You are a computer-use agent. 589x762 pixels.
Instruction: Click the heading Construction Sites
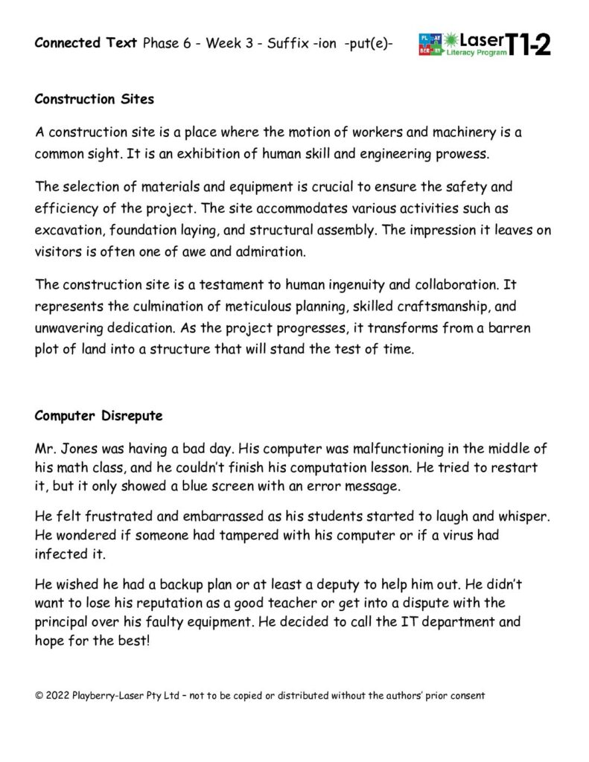click(x=94, y=99)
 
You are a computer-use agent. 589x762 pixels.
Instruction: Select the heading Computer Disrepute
click(x=98, y=416)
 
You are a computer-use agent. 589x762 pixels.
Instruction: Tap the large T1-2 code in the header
click(x=530, y=45)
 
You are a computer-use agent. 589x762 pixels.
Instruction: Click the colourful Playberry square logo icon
click(x=430, y=45)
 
